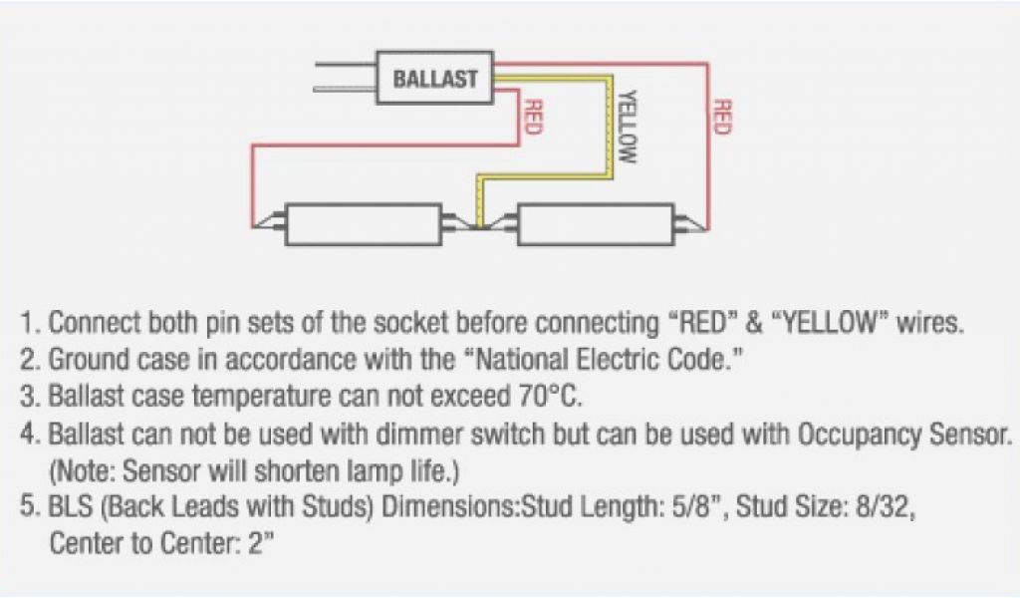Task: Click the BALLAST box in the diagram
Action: click(x=434, y=79)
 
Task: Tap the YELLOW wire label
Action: click(x=627, y=127)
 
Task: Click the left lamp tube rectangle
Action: click(x=363, y=225)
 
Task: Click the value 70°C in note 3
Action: click(x=546, y=396)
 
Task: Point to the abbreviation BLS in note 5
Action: click(x=72, y=508)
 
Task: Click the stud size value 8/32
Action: click(x=881, y=508)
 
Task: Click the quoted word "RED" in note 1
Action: click(x=704, y=324)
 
